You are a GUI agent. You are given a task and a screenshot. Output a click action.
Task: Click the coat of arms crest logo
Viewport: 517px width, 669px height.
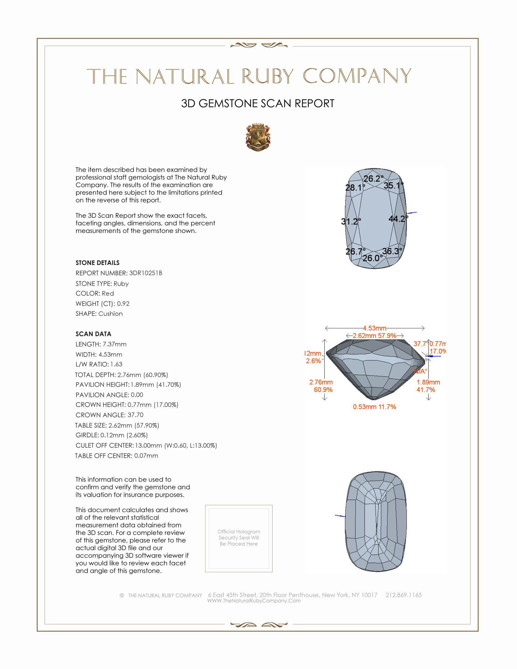click(258, 137)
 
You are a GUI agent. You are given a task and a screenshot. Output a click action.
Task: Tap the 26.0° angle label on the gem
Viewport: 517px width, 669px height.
click(373, 258)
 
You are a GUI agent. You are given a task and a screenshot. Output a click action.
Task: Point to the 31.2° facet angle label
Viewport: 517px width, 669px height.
click(351, 221)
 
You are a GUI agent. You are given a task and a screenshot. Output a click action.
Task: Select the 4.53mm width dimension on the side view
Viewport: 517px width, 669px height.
click(375, 328)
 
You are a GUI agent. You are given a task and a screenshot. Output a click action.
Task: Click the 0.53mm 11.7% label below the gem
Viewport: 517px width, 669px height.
click(374, 407)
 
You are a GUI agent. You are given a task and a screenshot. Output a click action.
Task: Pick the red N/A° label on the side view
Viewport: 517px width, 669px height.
click(420, 372)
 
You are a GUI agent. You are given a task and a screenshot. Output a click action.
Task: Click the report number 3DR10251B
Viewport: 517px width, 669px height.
click(145, 273)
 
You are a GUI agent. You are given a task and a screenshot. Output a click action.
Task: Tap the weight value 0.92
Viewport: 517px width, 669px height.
click(123, 303)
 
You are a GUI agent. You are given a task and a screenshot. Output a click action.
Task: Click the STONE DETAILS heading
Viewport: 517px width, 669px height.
click(97, 263)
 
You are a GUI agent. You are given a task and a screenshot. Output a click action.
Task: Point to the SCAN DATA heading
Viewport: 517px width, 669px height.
click(93, 334)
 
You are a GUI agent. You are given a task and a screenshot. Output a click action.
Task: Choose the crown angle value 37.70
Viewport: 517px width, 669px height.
click(135, 415)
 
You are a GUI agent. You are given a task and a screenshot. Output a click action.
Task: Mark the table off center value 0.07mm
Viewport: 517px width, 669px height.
click(146, 456)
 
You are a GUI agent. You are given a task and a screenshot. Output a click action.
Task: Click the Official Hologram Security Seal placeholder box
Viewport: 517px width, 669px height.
click(239, 539)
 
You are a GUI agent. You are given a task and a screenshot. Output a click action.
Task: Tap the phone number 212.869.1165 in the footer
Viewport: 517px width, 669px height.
click(403, 595)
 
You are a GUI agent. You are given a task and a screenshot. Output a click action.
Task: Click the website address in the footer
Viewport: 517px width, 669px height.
click(254, 601)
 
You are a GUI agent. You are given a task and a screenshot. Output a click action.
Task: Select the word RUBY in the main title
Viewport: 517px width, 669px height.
click(268, 76)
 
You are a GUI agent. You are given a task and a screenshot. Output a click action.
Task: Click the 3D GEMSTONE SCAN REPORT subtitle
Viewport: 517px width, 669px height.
click(258, 103)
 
